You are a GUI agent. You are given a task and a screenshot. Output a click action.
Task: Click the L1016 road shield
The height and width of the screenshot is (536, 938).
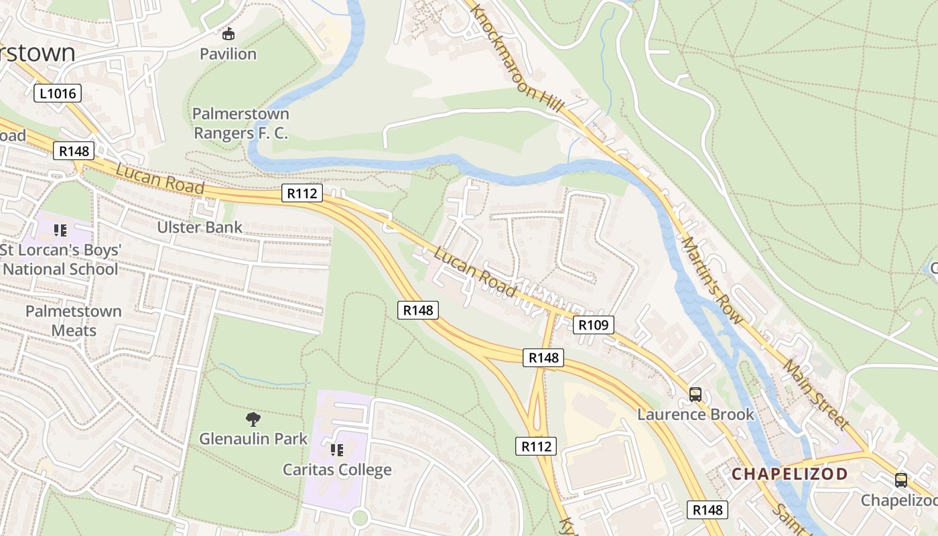pos(58,93)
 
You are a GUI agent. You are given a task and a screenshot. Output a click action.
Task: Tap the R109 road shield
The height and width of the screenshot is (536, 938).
pos(594,325)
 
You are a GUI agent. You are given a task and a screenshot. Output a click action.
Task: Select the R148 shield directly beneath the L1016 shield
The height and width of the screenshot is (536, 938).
pos(74,151)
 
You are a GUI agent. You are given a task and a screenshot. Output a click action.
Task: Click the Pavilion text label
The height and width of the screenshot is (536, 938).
pos(228,54)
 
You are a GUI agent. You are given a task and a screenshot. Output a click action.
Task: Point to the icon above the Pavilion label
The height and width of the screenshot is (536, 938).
pos(228,33)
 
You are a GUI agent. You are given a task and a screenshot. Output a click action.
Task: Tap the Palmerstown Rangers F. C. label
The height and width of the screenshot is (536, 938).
pos(241,123)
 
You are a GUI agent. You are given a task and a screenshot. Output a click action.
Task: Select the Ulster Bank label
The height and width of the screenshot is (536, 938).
pos(200,227)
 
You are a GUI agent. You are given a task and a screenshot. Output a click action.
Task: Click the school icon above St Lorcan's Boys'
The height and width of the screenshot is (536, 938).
pos(60,230)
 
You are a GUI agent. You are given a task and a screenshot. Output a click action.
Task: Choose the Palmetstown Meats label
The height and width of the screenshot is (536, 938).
pos(74,320)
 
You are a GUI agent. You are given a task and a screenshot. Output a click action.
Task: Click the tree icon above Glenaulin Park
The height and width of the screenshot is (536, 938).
pos(253,419)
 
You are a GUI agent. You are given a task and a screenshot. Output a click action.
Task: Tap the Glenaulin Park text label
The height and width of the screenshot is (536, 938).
pos(253,439)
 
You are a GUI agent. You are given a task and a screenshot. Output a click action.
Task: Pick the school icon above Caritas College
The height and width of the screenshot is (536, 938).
pos(337,450)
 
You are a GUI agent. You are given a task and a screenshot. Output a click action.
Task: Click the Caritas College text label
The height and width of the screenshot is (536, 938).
pos(337,470)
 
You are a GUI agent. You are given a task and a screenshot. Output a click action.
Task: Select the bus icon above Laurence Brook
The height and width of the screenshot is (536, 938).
pos(695,395)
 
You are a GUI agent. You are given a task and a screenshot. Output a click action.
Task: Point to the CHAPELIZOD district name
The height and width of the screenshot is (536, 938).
pos(789,474)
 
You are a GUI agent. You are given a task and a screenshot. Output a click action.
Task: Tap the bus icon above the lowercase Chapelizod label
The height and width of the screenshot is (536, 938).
pos(901,480)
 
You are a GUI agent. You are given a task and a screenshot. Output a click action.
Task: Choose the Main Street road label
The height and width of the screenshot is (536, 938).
pos(815,395)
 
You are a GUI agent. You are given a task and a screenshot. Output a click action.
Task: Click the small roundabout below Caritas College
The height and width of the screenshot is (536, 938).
pos(360,517)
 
